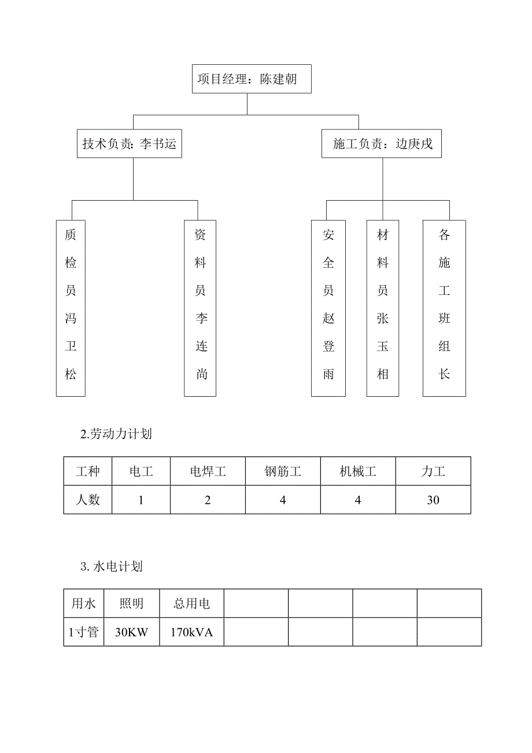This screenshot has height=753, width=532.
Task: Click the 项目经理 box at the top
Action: pyautogui.click(x=252, y=79)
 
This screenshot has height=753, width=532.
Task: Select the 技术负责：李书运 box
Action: pyautogui.click(x=130, y=145)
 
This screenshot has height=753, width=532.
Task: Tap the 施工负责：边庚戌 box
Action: pyautogui.click(x=382, y=145)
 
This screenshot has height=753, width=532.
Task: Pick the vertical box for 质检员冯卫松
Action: pyautogui.click(x=71, y=308)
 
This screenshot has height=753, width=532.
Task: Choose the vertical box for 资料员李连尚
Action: pyautogui.click(x=200, y=308)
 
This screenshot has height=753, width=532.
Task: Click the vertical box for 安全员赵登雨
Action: pyautogui.click(x=328, y=308)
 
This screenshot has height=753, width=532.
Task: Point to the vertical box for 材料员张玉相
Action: pyautogui.click(x=383, y=308)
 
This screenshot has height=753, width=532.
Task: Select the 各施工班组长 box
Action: pyautogui.click(x=444, y=308)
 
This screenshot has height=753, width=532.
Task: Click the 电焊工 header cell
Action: pyautogui.click(x=208, y=471)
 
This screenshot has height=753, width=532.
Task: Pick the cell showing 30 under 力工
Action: pyautogui.click(x=433, y=500)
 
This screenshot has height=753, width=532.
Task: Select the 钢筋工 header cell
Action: pyautogui.click(x=283, y=471)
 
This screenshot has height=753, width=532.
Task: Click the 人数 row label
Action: pyautogui.click(x=88, y=500)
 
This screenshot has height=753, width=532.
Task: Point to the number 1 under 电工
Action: pyautogui.click(x=141, y=500)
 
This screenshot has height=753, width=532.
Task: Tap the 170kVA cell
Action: pyautogui.click(x=191, y=632)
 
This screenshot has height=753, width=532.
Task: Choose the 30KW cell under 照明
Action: pyautogui.click(x=131, y=632)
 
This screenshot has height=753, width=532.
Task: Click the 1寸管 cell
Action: pyautogui.click(x=84, y=632)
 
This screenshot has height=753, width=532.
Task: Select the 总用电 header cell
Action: pyautogui.click(x=191, y=604)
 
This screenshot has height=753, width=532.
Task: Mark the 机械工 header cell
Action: pyautogui.click(x=358, y=471)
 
